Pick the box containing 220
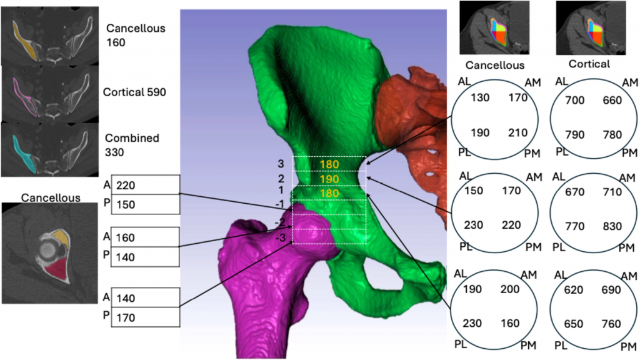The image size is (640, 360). [x=145, y=186]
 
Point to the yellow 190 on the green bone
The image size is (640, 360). [x=329, y=179]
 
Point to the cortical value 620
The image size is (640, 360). [x=576, y=290]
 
